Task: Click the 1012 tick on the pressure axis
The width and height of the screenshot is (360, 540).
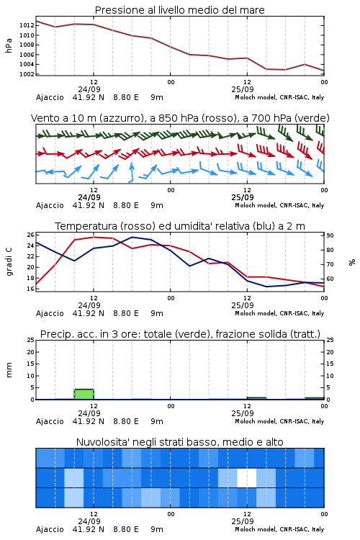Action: pos(27,25)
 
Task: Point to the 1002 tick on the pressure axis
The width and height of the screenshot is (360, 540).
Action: pos(27,74)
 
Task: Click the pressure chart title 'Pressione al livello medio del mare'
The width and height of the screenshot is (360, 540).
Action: pos(180,10)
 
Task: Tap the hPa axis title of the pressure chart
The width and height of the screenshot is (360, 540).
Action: pos(9,45)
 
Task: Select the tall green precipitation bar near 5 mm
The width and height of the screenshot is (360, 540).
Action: pos(84,394)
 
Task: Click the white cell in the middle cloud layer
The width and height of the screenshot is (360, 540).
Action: pos(247,477)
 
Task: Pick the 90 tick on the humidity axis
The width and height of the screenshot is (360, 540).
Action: pos(330,235)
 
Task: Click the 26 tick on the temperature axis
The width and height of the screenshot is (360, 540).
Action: pos(31,235)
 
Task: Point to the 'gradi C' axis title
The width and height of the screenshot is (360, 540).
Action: pos(9,262)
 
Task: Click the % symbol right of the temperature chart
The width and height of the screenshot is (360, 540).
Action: pos(352,262)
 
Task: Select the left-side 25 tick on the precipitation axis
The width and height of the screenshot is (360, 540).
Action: pos(31,340)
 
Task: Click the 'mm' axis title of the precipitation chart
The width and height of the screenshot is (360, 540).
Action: pos(9,370)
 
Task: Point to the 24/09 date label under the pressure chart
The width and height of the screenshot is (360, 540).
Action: pos(89,89)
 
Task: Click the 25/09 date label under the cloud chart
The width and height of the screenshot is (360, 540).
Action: pos(243,521)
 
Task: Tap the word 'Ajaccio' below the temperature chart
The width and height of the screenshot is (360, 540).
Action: pos(50,313)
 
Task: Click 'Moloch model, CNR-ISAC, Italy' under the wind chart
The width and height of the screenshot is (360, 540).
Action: pos(279,205)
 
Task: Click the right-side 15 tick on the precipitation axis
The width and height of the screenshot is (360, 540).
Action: pos(330,364)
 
